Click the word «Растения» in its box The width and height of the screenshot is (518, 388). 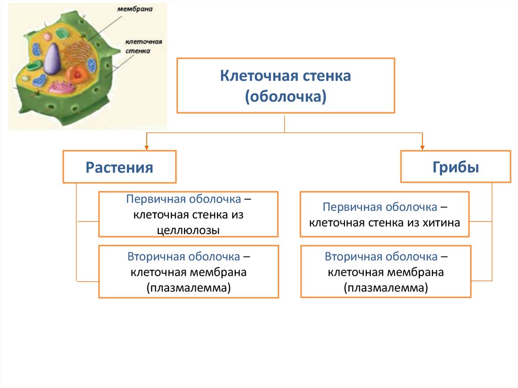pyautogui.click(x=119, y=167)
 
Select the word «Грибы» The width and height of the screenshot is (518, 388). pyautogui.click(x=455, y=167)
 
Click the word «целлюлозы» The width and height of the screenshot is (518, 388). pyautogui.click(x=188, y=230)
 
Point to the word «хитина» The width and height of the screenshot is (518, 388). pyautogui.click(x=443, y=222)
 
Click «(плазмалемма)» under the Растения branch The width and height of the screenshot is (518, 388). pyautogui.click(x=188, y=288)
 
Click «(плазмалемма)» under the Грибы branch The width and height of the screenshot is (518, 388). pyautogui.click(x=385, y=288)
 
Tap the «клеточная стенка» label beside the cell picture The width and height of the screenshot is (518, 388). pyautogui.click(x=138, y=47)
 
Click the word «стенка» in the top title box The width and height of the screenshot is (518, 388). pyautogui.click(x=320, y=77)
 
